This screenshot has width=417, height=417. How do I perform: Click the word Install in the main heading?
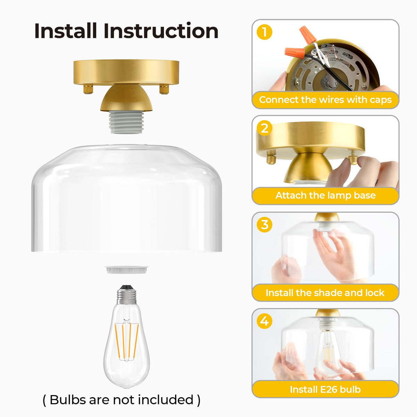click(65, 31)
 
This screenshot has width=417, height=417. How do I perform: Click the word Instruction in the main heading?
click(161, 31)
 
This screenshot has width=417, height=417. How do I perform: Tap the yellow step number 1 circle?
click(264, 32)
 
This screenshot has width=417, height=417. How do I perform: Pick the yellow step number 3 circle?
click(264, 224)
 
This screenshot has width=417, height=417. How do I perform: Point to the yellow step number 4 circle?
click(264, 321)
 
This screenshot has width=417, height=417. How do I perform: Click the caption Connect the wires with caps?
click(325, 100)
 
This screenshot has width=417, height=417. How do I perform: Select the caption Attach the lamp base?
click(325, 195)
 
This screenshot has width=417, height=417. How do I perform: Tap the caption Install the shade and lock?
click(325, 293)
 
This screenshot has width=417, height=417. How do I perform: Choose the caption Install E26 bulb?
click(325, 389)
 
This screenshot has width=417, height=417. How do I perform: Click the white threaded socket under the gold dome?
click(126, 122)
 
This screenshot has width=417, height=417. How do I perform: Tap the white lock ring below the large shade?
click(126, 270)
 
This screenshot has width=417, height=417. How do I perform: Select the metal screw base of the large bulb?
click(126, 295)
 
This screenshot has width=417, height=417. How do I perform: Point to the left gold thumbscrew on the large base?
click(88, 89)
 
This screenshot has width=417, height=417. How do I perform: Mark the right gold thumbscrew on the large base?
click(164, 89)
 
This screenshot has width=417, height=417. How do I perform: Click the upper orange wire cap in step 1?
click(308, 34)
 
